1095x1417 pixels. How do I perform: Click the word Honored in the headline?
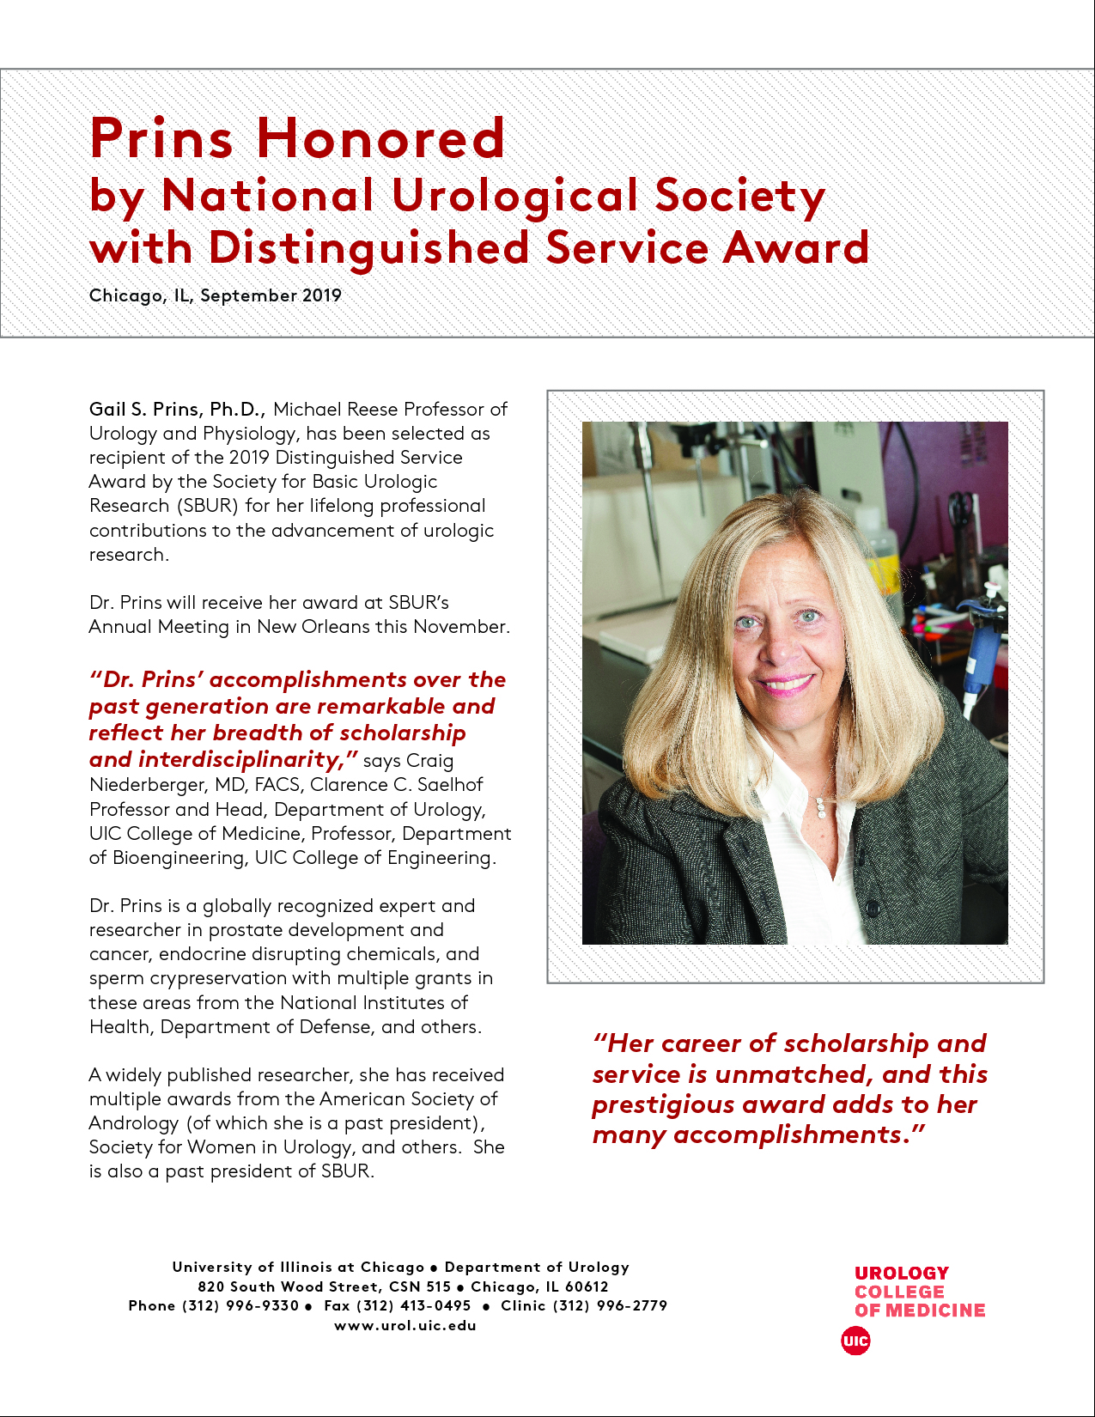[380, 137]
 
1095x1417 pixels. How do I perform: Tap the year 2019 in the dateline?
[321, 295]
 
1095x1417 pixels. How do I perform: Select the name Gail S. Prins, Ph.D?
[177, 409]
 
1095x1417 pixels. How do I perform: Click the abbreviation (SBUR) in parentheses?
[207, 506]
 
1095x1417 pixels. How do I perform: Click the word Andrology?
[133, 1123]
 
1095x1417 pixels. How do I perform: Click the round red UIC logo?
[855, 1341]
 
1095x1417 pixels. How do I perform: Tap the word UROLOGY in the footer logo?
[902, 1273]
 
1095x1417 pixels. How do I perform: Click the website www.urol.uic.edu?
[405, 1325]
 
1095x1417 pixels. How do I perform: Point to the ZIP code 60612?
[587, 1286]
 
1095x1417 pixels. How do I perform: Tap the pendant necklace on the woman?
[821, 807]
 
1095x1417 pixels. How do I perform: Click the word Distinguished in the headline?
[369, 248]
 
